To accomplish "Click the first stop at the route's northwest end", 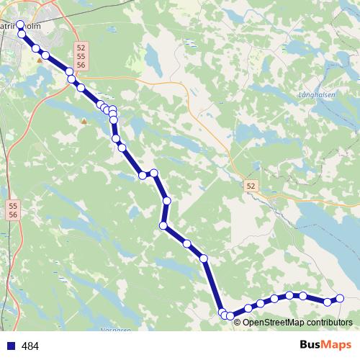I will pyautogui.click(x=20, y=24).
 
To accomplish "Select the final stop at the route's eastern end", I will pyautogui.click(x=341, y=299).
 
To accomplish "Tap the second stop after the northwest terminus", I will pyautogui.click(x=35, y=48).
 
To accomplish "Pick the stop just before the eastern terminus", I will pyautogui.click(x=328, y=302).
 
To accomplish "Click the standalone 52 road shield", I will pyautogui.click(x=250, y=186).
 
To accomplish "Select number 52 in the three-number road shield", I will pyautogui.click(x=81, y=48).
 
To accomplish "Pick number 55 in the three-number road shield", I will pyautogui.click(x=81, y=56).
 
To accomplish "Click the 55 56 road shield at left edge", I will pyautogui.click(x=14, y=210).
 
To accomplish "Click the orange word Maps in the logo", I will pyautogui.click(x=337, y=346).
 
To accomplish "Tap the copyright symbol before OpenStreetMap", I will pyautogui.click(x=238, y=322).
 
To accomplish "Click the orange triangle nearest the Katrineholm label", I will pyautogui.click(x=40, y=60).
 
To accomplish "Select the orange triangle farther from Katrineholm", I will pyautogui.click(x=84, y=121).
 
